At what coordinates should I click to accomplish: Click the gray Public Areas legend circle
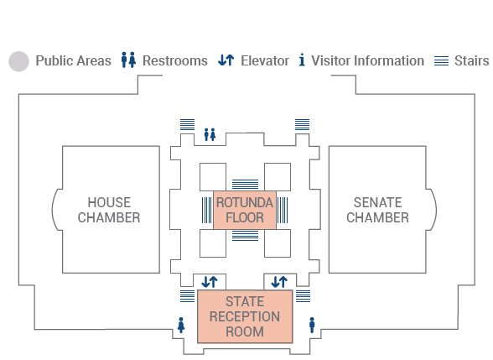[18, 61]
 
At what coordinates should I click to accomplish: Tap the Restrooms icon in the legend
[128, 60]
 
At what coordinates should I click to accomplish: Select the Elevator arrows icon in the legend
[226, 60]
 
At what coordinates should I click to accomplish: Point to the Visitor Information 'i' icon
[302, 60]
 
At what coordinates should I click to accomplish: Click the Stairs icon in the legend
[441, 60]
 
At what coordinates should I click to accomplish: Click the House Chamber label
[109, 210]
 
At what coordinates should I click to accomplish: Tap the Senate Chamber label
[377, 210]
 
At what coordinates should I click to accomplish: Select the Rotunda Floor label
[245, 210]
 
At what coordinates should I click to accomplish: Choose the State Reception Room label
[245, 316]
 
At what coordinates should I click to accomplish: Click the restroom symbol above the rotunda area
[210, 134]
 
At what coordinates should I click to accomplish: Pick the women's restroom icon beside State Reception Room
[181, 325]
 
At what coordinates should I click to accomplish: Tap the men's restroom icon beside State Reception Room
[312, 325]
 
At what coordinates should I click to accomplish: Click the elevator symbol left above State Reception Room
[210, 282]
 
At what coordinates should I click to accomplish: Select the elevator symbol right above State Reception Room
[279, 282]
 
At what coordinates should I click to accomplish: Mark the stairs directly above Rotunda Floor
[245, 184]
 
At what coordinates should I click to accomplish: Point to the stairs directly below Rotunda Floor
[245, 236]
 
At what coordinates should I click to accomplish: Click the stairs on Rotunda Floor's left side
[206, 210]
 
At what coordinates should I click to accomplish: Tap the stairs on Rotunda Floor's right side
[283, 210]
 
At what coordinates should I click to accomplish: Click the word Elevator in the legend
[265, 60]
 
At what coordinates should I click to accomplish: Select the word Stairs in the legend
[471, 60]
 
